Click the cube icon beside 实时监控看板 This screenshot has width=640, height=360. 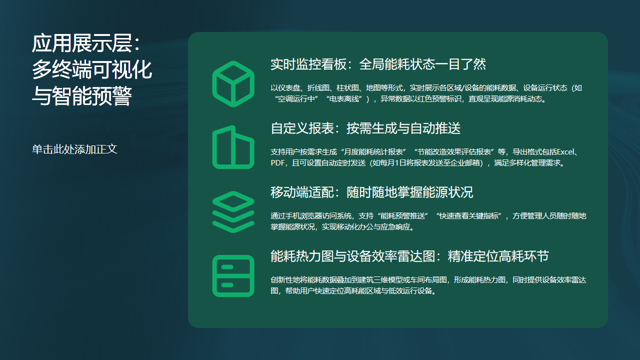[x=233, y=83]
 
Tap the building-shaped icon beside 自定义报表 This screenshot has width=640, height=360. [x=233, y=147]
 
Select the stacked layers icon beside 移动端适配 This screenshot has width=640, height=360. [x=233, y=211]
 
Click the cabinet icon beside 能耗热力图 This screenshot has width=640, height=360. [x=233, y=275]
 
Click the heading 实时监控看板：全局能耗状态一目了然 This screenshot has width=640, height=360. [x=378, y=64]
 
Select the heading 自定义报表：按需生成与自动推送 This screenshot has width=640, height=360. [x=365, y=128]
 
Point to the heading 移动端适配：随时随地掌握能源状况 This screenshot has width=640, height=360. [x=371, y=192]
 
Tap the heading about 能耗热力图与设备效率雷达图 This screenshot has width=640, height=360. [x=409, y=256]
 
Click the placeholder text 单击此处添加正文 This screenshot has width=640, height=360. [x=75, y=149]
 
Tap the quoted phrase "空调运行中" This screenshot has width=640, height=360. [x=301, y=99]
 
